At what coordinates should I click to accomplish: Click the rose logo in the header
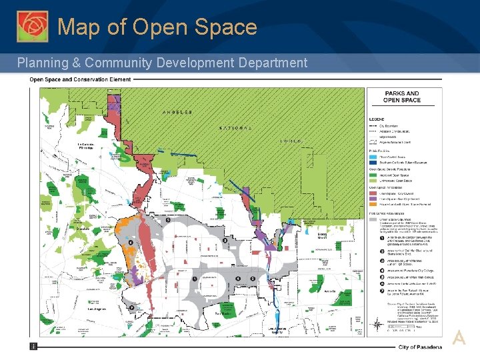[x=33, y=27]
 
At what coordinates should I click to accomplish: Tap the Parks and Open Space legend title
[x=402, y=97]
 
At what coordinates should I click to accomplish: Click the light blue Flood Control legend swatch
[x=373, y=157]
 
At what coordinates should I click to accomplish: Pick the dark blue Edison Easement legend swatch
[x=373, y=162]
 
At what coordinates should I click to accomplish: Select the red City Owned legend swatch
[x=373, y=192]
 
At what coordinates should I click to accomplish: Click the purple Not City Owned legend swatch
[x=373, y=197]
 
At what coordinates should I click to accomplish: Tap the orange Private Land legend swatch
[x=373, y=203]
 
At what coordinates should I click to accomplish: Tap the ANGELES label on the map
[x=176, y=112]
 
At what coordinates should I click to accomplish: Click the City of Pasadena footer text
[x=419, y=347]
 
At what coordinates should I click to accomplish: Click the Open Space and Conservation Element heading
[x=79, y=79]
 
